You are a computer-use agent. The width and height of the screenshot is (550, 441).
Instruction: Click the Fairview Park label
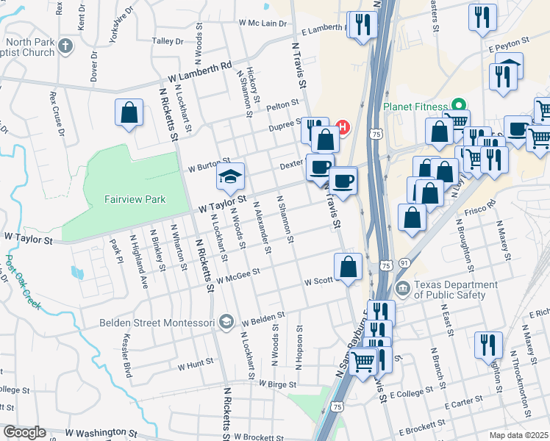[135, 199]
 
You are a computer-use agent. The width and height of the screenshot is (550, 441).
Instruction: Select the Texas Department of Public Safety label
[449, 290]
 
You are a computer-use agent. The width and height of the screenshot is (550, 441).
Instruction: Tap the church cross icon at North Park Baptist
[65, 46]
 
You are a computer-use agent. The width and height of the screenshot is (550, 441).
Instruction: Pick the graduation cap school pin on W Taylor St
[230, 178]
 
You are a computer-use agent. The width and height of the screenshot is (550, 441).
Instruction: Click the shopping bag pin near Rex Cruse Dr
[129, 113]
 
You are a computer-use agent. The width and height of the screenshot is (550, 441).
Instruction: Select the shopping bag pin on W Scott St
[349, 267]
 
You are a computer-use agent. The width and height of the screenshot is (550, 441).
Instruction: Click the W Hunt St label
[195, 364]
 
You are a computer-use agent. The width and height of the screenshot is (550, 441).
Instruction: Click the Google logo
[24, 432]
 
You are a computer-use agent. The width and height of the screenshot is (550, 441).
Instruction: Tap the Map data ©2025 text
[519, 435]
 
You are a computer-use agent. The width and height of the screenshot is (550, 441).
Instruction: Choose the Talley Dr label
[167, 41]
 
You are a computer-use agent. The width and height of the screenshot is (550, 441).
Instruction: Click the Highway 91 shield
[404, 262]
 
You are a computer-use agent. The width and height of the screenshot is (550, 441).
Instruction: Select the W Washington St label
[101, 434]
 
